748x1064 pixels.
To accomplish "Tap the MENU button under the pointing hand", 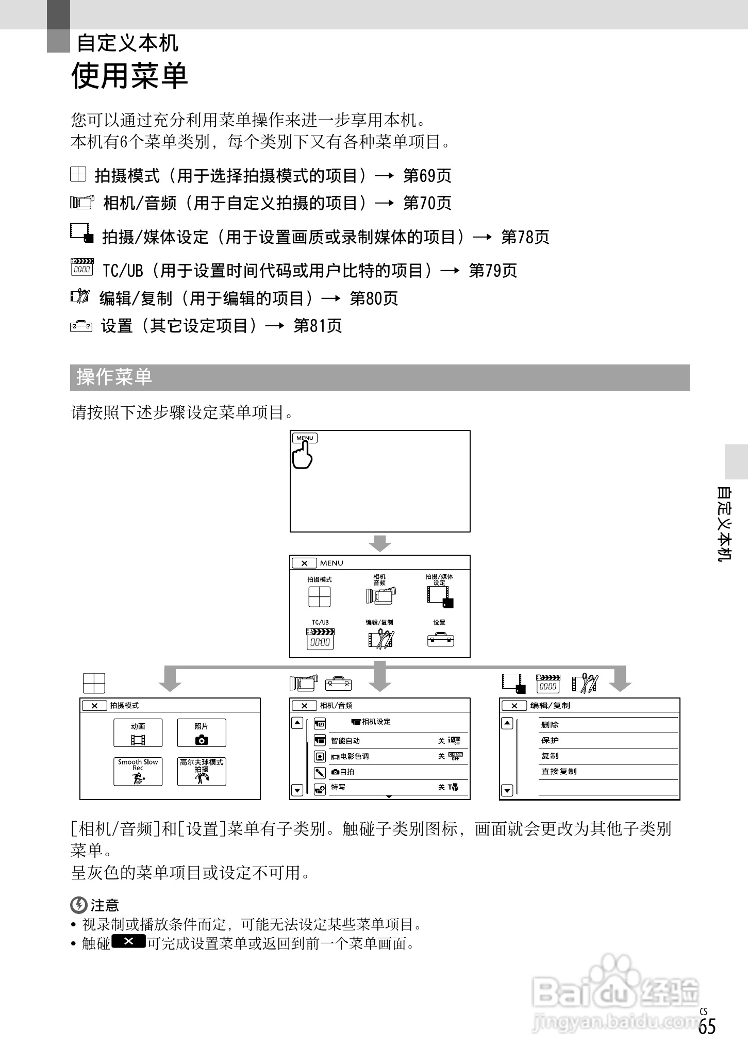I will tap(305, 438).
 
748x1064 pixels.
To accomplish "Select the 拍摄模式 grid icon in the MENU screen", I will tap(319, 597).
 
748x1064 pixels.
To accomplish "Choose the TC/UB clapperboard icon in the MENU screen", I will tap(320, 639).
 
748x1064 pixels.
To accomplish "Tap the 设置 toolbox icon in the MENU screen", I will tap(440, 640).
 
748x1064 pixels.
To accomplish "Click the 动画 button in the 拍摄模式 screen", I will tap(138, 733).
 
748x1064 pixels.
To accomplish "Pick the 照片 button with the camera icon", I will tap(202, 733).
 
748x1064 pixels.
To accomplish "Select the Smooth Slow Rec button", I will tap(138, 771).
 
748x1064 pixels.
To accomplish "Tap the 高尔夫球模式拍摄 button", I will tap(202, 771).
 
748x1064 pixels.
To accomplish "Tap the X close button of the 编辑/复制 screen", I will tap(514, 706).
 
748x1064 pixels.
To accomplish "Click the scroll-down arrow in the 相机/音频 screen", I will tap(297, 790).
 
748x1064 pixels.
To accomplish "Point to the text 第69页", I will tap(427, 176).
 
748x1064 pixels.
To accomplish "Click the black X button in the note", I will tap(128, 941).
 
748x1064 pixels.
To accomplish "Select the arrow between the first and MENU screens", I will tap(380, 543).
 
